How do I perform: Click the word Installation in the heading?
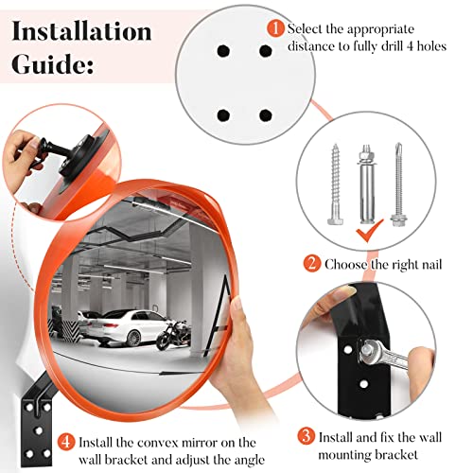pyautogui.click(x=82, y=30)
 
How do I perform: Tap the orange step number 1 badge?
pyautogui.click(x=274, y=28)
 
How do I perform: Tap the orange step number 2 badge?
pyautogui.click(x=310, y=264)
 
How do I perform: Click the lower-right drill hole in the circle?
pyautogui.click(x=265, y=114)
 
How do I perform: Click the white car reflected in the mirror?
pyautogui.click(x=133, y=326)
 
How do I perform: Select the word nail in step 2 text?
pyautogui.click(x=425, y=264)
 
